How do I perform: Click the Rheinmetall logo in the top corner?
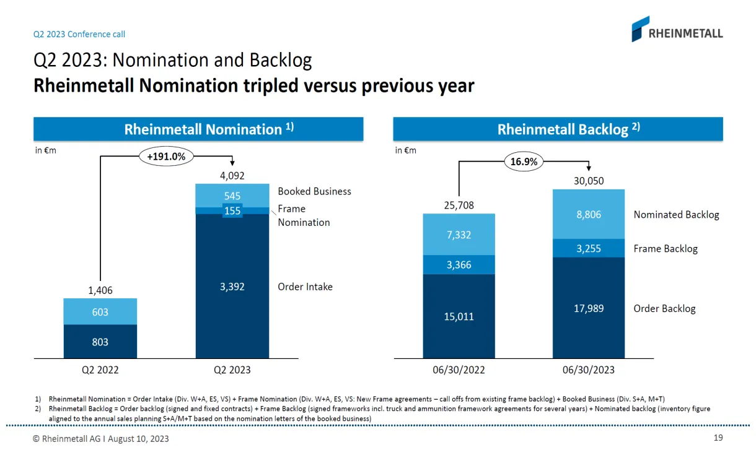(x=677, y=29)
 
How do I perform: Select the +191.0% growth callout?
(x=166, y=157)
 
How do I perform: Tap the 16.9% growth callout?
(x=524, y=162)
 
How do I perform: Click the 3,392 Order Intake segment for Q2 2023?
(x=232, y=287)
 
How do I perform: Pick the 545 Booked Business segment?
(x=232, y=196)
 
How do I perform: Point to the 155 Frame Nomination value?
(x=232, y=210)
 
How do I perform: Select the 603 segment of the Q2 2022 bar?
(x=100, y=312)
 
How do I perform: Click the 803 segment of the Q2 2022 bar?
(x=100, y=342)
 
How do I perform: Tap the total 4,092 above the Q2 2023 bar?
(x=232, y=175)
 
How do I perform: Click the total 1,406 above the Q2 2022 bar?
(x=100, y=290)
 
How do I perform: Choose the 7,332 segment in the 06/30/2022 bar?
(x=459, y=235)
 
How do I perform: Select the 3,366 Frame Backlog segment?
(x=459, y=265)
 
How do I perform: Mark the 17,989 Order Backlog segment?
(x=589, y=308)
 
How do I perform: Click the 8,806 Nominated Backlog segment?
(x=589, y=214)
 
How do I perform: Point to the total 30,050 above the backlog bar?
(x=589, y=181)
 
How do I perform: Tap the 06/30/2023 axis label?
(x=589, y=370)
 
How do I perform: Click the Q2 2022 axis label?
(x=100, y=370)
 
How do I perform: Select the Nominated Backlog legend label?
(x=676, y=215)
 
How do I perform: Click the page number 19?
(x=718, y=438)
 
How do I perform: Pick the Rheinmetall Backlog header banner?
(x=558, y=129)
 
